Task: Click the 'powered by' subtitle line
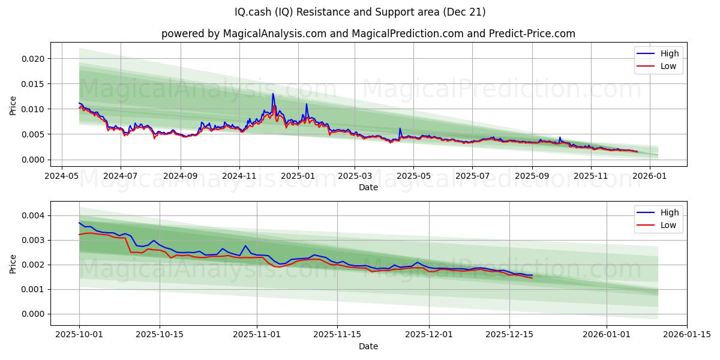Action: pyautogui.click(x=368, y=34)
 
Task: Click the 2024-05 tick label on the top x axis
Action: pyautogui.click(x=62, y=177)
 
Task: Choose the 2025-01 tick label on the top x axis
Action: pyautogui.click(x=298, y=177)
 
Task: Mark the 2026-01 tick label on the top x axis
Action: pyautogui.click(x=650, y=177)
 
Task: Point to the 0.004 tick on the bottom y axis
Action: pyautogui.click(x=34, y=215)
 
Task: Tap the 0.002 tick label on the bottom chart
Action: pyautogui.click(x=34, y=265)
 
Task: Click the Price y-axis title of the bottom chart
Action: pyautogui.click(x=13, y=263)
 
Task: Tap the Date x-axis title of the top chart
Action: pyautogui.click(x=368, y=187)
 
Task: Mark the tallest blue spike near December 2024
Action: pyautogui.click(x=273, y=94)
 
